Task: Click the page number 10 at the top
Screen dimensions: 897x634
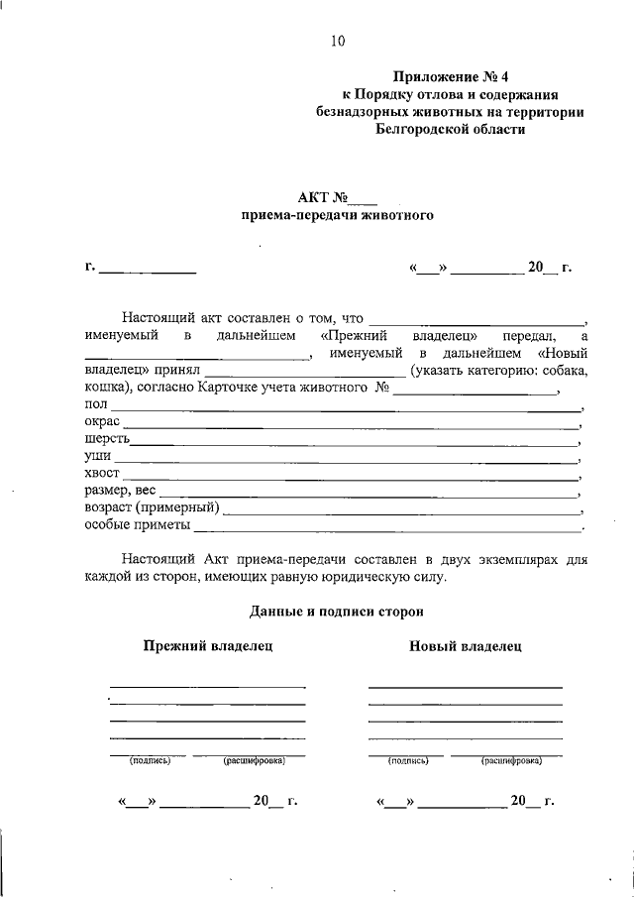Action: pyautogui.click(x=338, y=41)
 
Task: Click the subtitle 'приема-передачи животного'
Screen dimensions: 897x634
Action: pyautogui.click(x=338, y=214)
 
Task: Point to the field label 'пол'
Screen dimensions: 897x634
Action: pyautogui.click(x=96, y=403)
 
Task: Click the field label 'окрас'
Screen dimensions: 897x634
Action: pyautogui.click(x=102, y=421)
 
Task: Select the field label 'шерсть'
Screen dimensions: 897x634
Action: pyautogui.click(x=106, y=439)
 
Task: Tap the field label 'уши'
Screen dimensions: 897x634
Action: pyautogui.click(x=97, y=457)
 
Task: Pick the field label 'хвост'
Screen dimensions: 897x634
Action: pyautogui.click(x=103, y=475)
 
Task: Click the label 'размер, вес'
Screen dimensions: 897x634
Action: pyautogui.click(x=120, y=491)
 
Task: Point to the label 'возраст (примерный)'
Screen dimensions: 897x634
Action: pyautogui.click(x=153, y=507)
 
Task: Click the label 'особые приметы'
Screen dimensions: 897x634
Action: pyautogui.click(x=137, y=525)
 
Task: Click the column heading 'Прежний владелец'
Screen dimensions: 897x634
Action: pyautogui.click(x=207, y=646)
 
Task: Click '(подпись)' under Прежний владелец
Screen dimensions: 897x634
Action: pyautogui.click(x=150, y=761)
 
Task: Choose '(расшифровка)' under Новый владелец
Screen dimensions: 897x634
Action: pyautogui.click(x=511, y=761)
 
